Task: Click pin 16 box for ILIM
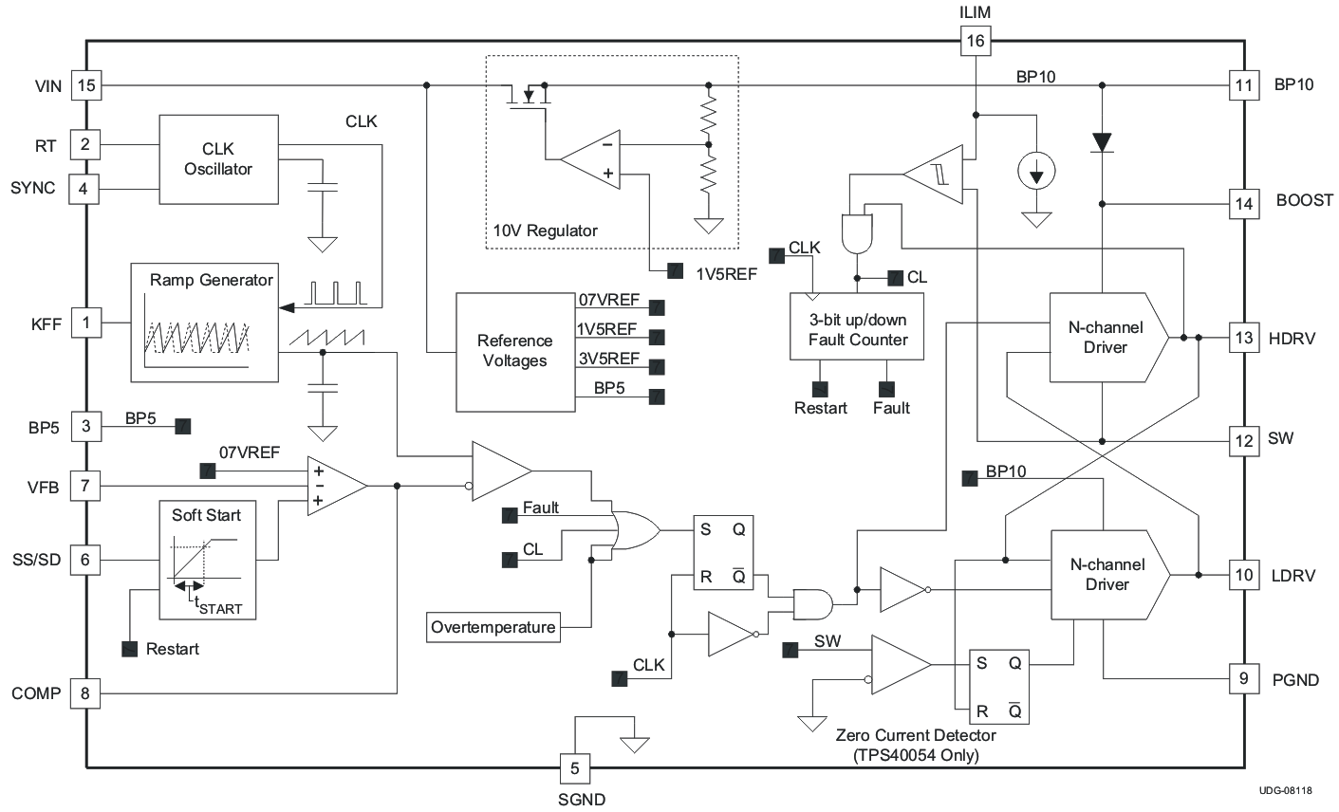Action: [x=975, y=41]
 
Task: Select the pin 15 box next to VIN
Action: [x=86, y=86]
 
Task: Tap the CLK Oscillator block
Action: [x=218, y=159]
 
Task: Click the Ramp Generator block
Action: [x=204, y=323]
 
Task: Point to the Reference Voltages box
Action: [x=515, y=351]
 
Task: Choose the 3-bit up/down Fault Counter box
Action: [x=858, y=326]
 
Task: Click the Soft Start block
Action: [x=206, y=560]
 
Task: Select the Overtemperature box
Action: [x=493, y=627]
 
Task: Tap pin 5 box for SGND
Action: [x=573, y=766]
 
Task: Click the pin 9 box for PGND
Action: [x=1243, y=679]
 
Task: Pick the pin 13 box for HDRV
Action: [x=1243, y=338]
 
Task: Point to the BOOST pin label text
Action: [x=1304, y=201]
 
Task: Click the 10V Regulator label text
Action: [x=545, y=231]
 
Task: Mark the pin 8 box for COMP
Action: [x=85, y=693]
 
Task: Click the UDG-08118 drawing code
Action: [x=1286, y=789]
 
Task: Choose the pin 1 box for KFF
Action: [x=86, y=323]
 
